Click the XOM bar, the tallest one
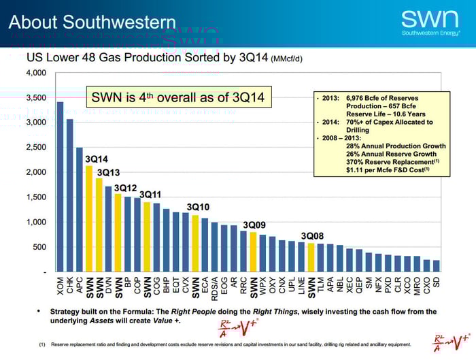[60, 187]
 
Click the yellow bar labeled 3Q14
[89, 218]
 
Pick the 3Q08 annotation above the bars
[312, 235]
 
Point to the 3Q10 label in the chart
[199, 206]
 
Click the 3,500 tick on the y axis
[37, 97]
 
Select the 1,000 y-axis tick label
[37, 222]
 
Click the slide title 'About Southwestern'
[92, 22]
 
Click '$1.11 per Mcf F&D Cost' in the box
[388, 169]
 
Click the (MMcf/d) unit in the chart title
[286, 59]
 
